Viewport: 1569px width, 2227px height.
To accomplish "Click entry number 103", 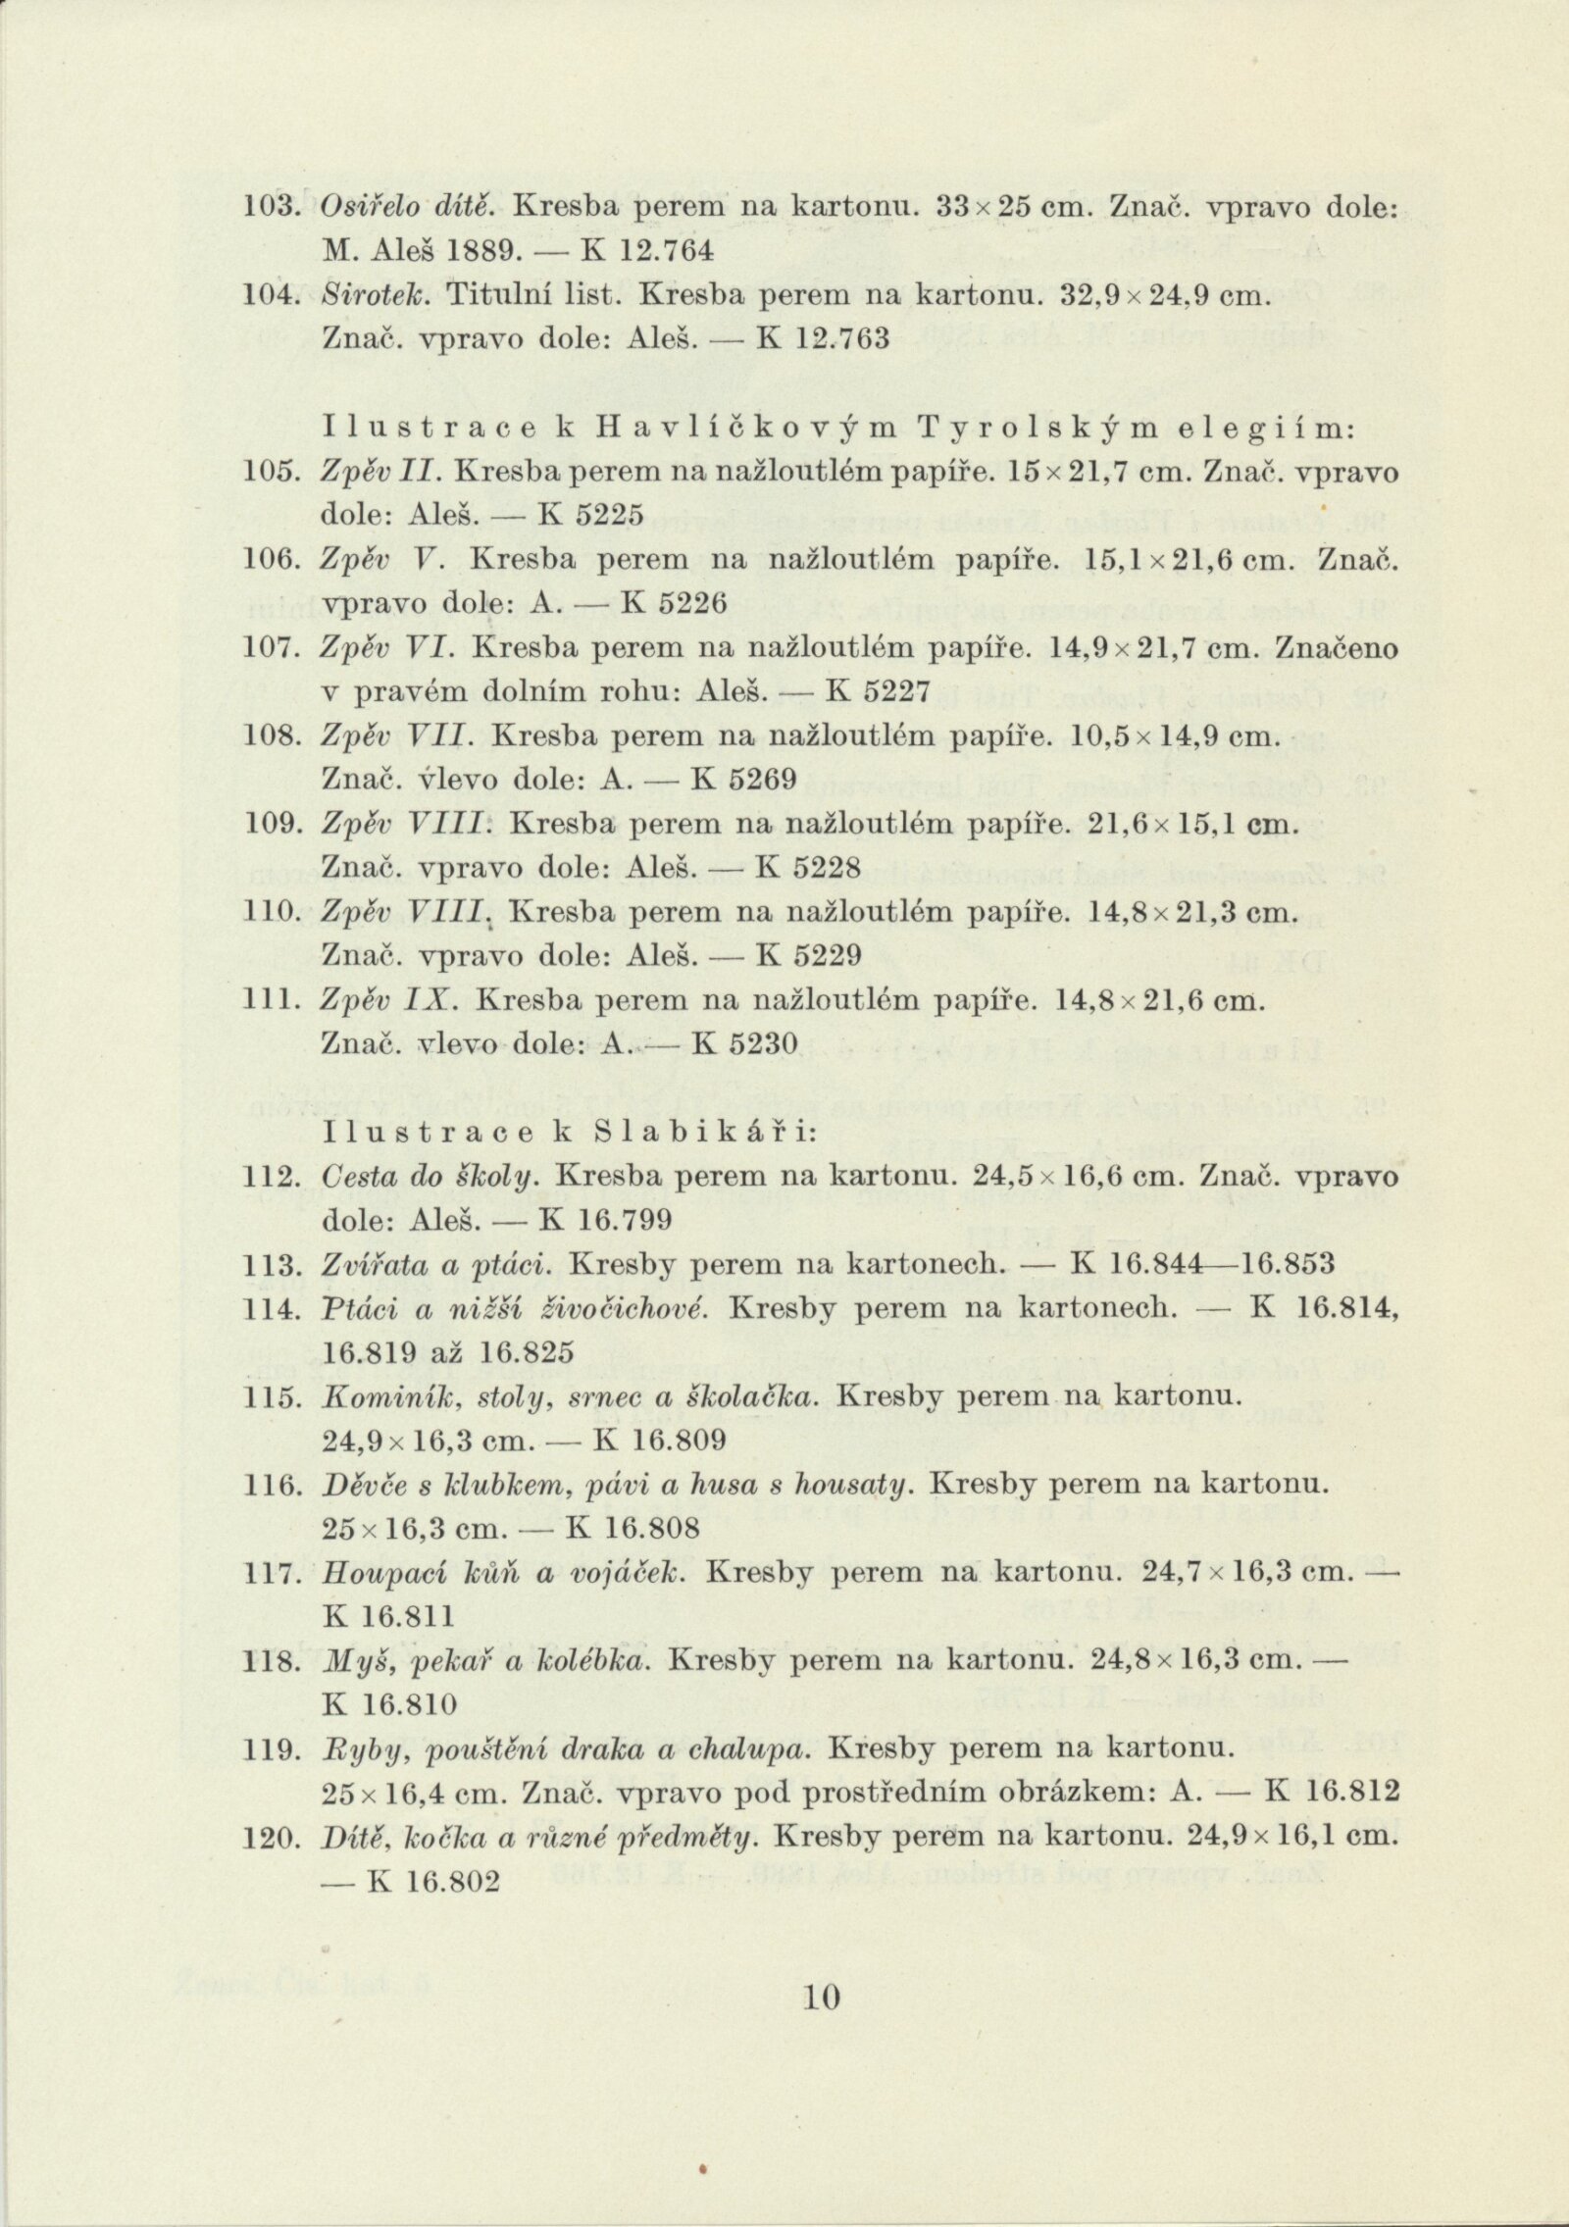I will coord(270,207).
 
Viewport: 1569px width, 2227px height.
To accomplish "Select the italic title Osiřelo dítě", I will coord(410,207).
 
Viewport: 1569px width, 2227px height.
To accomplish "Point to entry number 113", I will coord(270,1264).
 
